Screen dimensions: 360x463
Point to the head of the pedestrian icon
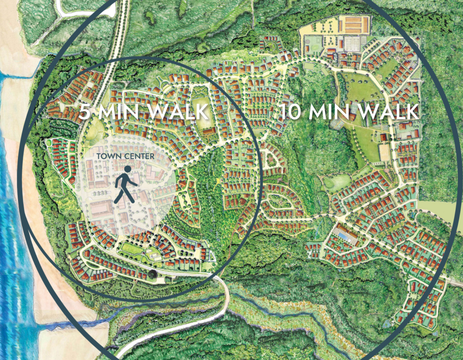[128, 169]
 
